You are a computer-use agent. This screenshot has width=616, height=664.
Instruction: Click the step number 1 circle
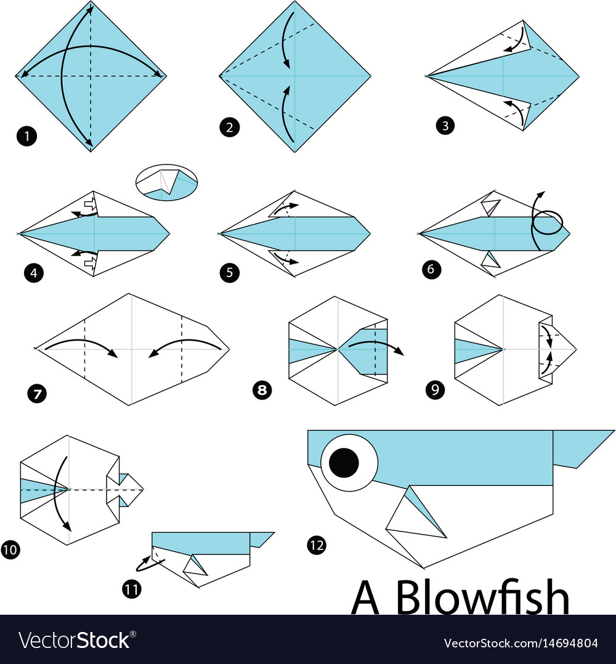pos(27,136)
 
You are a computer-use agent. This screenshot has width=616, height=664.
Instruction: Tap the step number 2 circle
pos(229,128)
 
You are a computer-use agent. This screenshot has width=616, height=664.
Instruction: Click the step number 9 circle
pos(435,390)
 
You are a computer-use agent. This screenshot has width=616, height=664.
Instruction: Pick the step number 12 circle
pos(317,545)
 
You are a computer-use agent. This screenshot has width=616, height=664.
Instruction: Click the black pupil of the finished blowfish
pos(344,462)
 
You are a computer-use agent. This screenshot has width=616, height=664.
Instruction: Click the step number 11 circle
pos(131,589)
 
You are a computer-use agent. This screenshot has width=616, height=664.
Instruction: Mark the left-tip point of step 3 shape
pos(426,76)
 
